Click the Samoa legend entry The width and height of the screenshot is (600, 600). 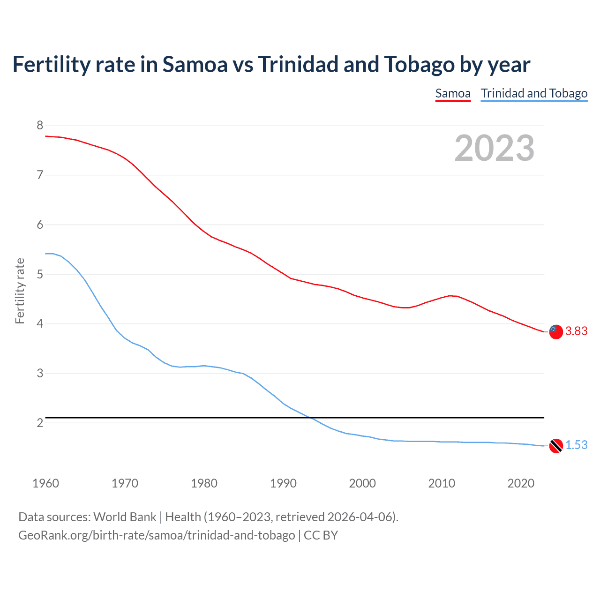click(x=452, y=93)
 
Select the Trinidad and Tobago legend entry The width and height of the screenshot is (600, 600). click(x=534, y=93)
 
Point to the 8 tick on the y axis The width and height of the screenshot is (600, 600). click(x=40, y=125)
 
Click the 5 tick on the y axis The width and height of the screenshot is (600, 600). click(x=40, y=274)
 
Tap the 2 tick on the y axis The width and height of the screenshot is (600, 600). click(x=40, y=423)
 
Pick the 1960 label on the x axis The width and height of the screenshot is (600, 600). click(x=45, y=483)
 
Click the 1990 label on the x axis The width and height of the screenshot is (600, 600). click(x=283, y=483)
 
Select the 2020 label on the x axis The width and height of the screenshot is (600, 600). click(x=521, y=483)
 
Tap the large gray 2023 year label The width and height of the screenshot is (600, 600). click(x=494, y=148)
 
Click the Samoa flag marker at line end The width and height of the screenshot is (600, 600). click(x=555, y=331)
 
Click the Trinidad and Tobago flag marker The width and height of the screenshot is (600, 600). click(x=555, y=446)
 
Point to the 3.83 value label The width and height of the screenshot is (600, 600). click(x=576, y=331)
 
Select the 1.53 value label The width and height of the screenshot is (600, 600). click(x=576, y=445)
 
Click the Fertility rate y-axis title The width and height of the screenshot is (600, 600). click(x=20, y=291)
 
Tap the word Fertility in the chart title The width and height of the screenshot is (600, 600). click(x=50, y=64)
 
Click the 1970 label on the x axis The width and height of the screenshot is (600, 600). click(x=125, y=483)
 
